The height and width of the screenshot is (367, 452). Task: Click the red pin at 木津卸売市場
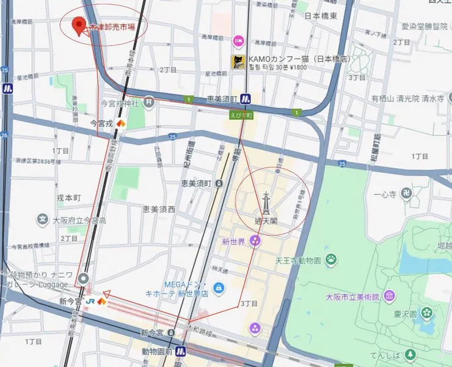click(x=78, y=26)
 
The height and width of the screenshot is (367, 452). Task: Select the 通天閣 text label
click(x=266, y=220)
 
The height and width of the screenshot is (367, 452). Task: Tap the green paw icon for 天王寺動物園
click(x=332, y=259)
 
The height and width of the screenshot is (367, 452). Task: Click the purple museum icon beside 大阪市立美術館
click(x=389, y=297)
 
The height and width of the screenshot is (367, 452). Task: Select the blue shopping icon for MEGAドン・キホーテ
click(x=218, y=287)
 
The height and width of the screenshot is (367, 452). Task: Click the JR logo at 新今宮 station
click(x=90, y=301)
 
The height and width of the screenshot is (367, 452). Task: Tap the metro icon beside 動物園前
click(x=181, y=351)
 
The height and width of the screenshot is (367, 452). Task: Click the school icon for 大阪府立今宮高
click(x=43, y=219)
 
